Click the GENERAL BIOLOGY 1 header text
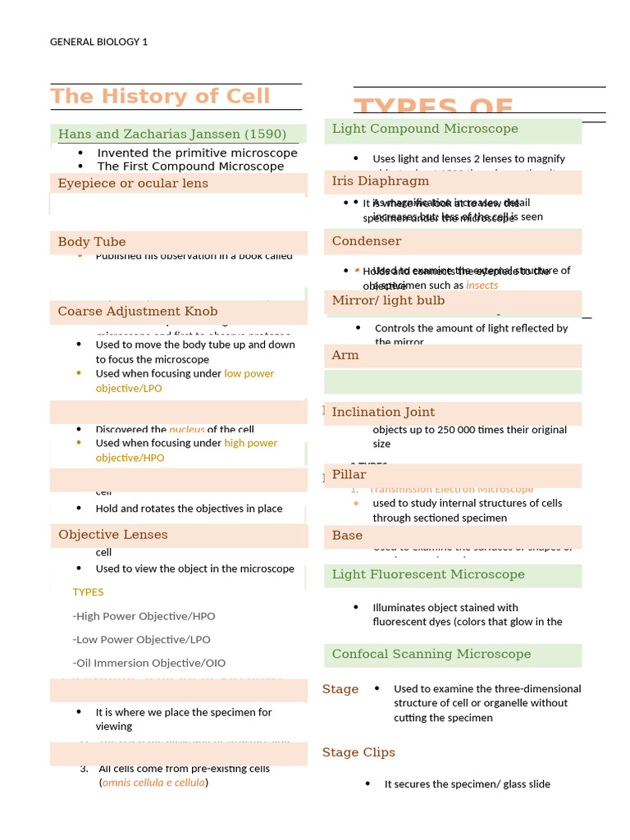(x=98, y=42)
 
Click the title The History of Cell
(x=160, y=96)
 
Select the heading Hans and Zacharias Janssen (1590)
(x=172, y=134)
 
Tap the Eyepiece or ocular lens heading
(x=133, y=183)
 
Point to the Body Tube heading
(x=92, y=241)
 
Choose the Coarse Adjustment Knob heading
(x=138, y=311)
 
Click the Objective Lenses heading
(x=113, y=534)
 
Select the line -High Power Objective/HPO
(x=144, y=615)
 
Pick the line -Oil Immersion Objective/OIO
(x=148, y=663)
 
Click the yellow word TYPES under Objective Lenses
(x=88, y=591)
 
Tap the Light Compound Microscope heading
(x=425, y=128)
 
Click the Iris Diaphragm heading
(x=381, y=180)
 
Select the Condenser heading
(x=367, y=240)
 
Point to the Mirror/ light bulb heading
(x=388, y=300)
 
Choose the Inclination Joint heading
(x=383, y=412)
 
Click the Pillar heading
(x=349, y=474)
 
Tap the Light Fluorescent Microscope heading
(x=428, y=574)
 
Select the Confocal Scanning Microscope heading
(x=431, y=654)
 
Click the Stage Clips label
(x=358, y=752)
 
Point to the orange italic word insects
(x=482, y=285)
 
